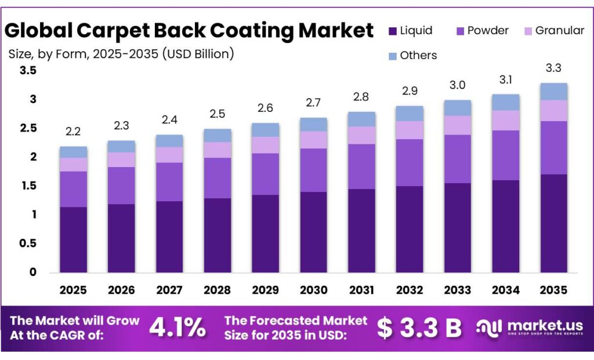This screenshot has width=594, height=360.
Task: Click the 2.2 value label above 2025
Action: [73, 132]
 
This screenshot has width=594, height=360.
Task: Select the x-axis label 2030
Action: [313, 290]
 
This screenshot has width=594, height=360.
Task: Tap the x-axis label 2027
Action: [169, 290]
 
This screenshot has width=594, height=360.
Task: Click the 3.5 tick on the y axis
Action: [27, 71]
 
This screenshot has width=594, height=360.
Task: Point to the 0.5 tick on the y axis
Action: [27, 243]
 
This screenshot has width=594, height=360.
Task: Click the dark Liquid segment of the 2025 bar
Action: [73, 239]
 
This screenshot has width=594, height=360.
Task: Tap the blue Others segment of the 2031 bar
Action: [361, 119]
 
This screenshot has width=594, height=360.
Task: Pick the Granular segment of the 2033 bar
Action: [457, 125]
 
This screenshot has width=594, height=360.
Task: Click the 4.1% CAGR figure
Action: [178, 328]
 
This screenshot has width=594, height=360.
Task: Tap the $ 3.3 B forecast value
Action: [418, 328]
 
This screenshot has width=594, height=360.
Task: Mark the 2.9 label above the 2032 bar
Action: [409, 92]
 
